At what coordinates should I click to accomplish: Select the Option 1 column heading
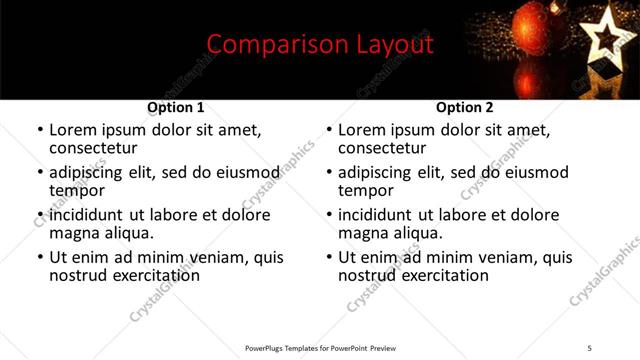click(x=176, y=107)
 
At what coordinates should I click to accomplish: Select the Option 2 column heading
click(x=465, y=107)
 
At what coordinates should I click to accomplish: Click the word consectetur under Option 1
click(x=93, y=148)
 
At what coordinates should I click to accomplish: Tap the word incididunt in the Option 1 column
click(x=91, y=215)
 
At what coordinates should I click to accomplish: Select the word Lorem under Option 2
click(x=362, y=130)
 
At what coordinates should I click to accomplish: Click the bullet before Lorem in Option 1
click(x=39, y=131)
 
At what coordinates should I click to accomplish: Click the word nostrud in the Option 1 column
click(x=79, y=275)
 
